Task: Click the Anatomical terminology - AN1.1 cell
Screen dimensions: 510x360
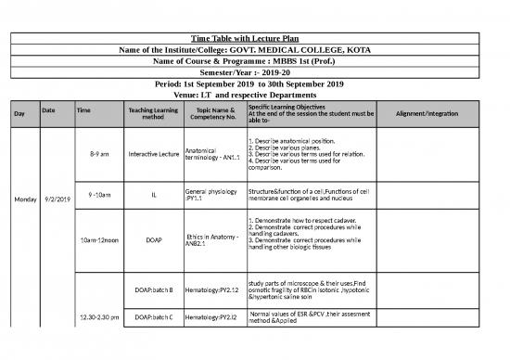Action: click(213, 153)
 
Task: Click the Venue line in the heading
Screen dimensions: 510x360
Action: click(254, 94)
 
